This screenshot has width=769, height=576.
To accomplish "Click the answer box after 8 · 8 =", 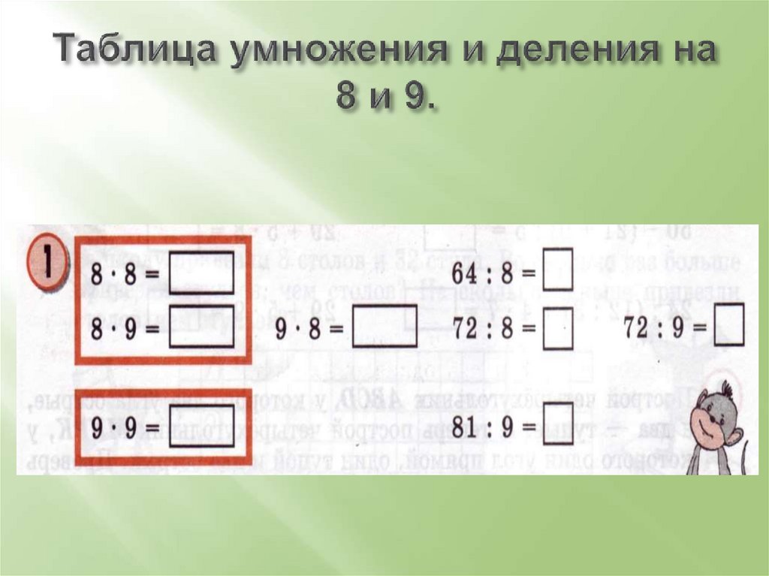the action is point(201,273).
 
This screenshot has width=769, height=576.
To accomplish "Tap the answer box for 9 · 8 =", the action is point(384,328).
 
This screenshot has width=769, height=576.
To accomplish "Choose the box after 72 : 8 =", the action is point(558,328).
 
